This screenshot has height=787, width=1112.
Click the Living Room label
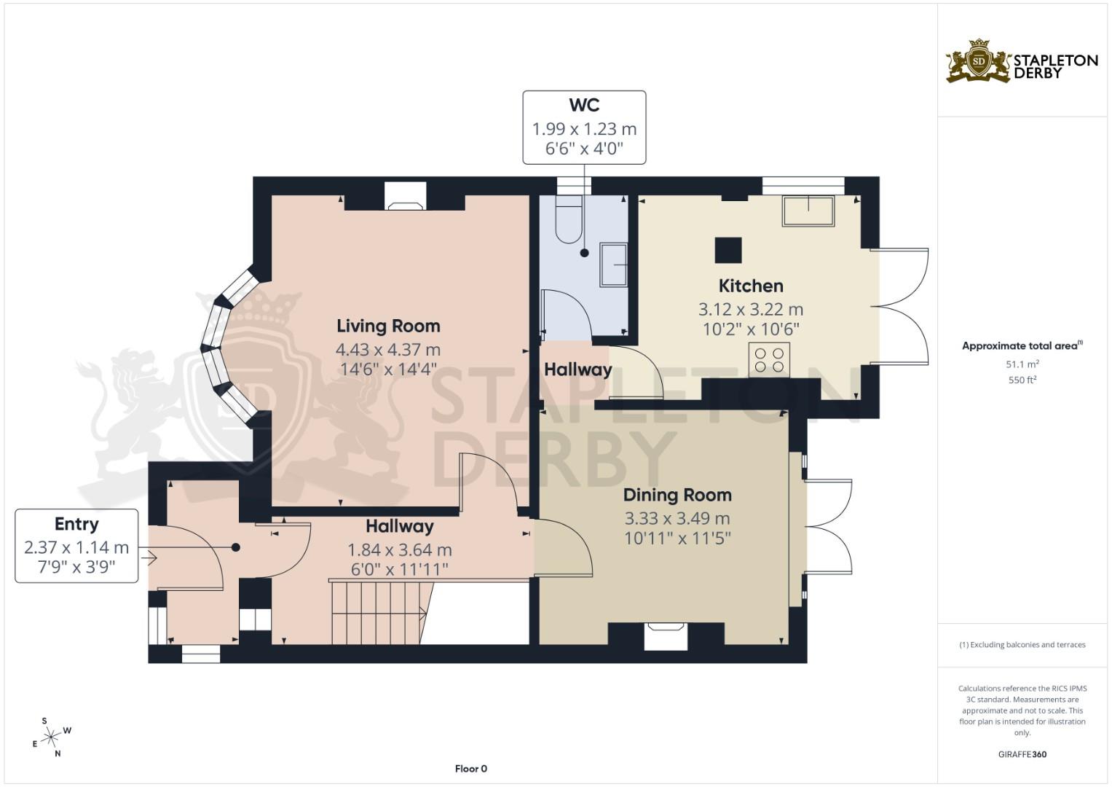click(388, 326)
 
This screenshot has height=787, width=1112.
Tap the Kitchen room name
click(751, 286)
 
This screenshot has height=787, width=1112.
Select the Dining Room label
click(677, 495)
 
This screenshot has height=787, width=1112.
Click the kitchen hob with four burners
click(770, 360)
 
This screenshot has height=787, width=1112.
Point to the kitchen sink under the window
click(808, 211)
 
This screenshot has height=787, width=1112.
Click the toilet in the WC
click(568, 219)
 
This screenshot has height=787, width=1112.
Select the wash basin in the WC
click(613, 265)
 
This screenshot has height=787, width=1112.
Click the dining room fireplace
click(666, 635)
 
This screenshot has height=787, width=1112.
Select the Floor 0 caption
click(470, 769)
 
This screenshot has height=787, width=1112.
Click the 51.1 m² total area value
click(1022, 364)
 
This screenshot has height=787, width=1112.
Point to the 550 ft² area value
click(1022, 380)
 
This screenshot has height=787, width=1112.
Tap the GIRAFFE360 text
click(1022, 754)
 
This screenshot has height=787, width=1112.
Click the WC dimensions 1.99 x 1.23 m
click(584, 129)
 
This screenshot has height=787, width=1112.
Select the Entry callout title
click(76, 524)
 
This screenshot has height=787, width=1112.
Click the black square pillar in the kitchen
click(728, 250)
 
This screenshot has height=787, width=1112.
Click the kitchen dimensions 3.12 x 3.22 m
click(751, 309)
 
